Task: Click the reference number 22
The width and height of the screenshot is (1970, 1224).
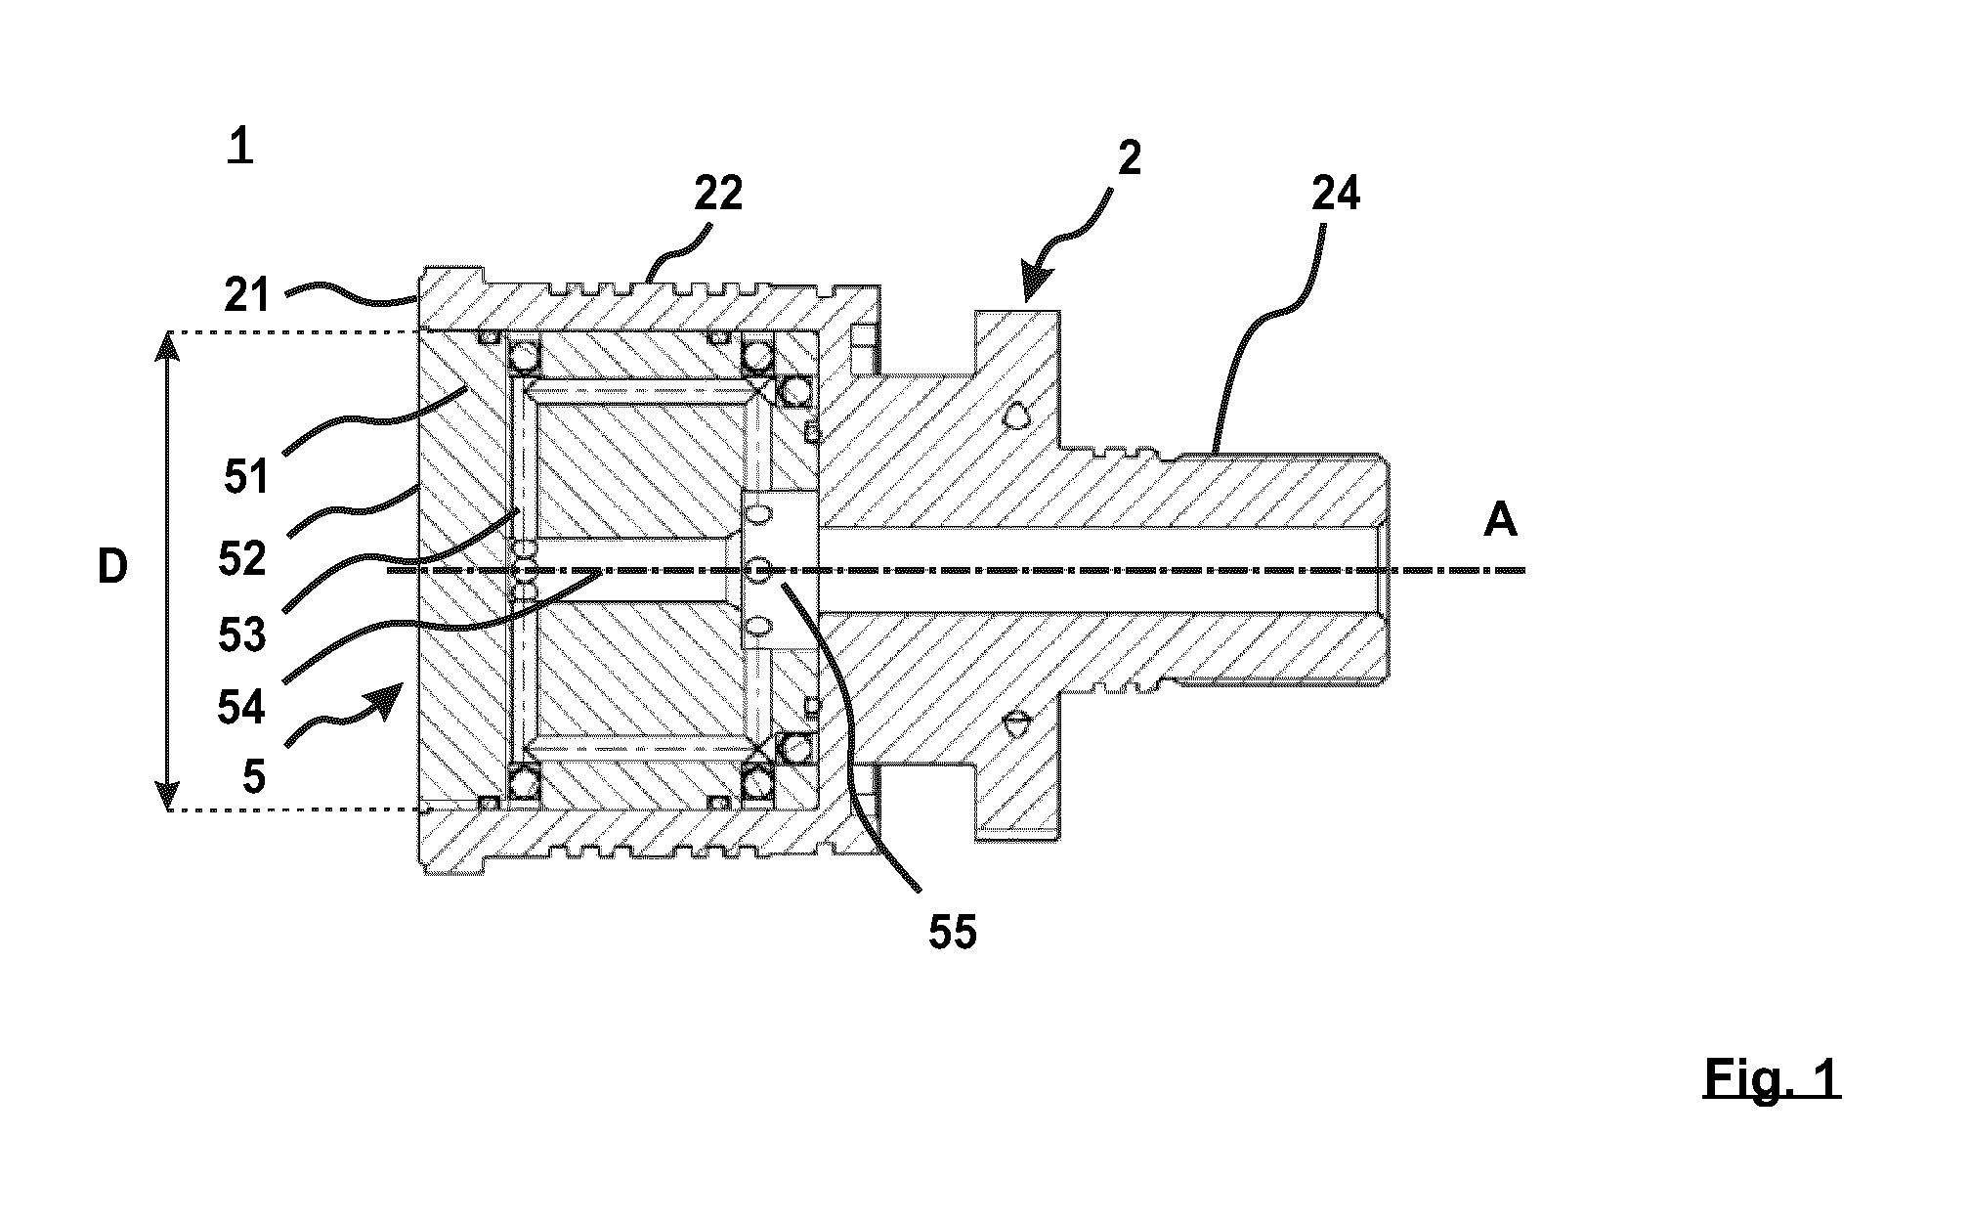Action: [x=718, y=194]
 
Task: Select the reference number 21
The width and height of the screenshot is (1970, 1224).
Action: [x=245, y=293]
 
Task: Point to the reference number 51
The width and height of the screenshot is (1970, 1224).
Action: [x=245, y=479]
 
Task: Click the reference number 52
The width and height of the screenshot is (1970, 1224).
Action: [x=241, y=559]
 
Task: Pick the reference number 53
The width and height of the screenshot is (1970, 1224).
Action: [x=241, y=634]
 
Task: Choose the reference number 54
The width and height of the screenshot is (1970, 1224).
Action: [x=241, y=708]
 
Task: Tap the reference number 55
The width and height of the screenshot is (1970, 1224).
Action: [x=952, y=933]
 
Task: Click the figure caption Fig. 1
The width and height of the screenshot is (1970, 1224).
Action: [x=1772, y=1079]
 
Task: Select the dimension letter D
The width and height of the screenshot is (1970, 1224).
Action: [x=112, y=568]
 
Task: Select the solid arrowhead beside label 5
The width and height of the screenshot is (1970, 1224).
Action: [x=388, y=700]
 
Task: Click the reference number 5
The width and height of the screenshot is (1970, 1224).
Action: [x=254, y=777]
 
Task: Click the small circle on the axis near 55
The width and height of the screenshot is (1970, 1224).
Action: [x=759, y=568]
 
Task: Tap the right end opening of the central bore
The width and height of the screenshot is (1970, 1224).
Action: [x=1382, y=569]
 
